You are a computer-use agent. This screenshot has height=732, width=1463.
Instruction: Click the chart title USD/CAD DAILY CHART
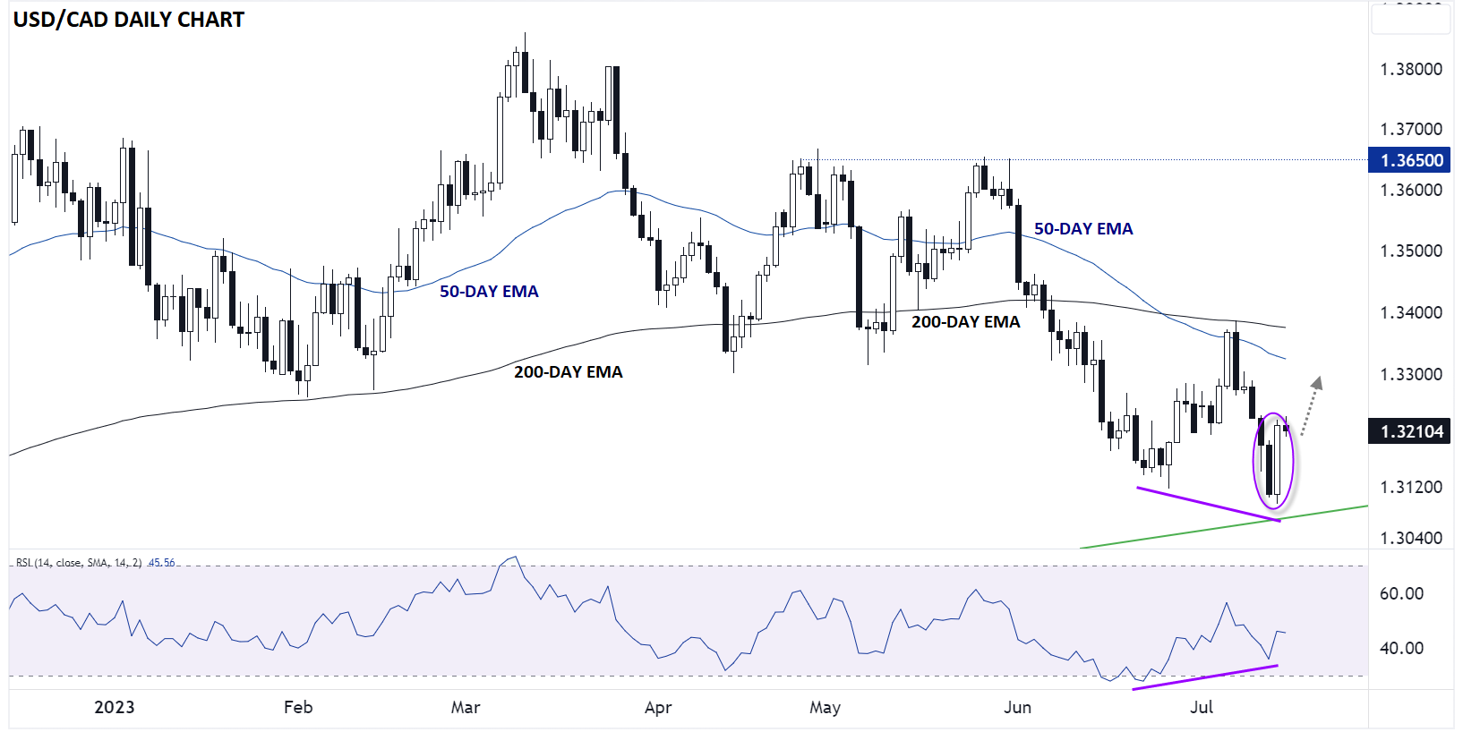[x=128, y=20]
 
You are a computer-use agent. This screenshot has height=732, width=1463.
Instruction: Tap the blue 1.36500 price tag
[x=1411, y=160]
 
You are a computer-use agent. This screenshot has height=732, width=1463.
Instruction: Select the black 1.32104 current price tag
[x=1411, y=431]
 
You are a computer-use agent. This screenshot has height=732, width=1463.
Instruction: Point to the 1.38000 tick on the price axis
[x=1411, y=69]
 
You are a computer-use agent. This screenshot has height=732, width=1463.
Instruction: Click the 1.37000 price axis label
[x=1411, y=130]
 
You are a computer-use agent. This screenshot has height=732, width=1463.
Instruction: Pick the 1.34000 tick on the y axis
[x=1411, y=312]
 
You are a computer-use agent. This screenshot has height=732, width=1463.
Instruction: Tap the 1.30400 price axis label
[x=1411, y=538]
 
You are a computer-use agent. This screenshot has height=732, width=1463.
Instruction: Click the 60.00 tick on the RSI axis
[x=1401, y=593]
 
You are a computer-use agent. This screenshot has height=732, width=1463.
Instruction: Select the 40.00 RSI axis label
[x=1401, y=648]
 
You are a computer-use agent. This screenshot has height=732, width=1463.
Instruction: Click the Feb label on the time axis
[x=298, y=707]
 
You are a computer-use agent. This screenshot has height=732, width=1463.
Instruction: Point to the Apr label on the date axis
[x=658, y=708]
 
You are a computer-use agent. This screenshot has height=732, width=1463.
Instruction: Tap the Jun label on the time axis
[x=1017, y=707]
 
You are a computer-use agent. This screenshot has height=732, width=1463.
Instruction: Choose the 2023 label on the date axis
[x=115, y=707]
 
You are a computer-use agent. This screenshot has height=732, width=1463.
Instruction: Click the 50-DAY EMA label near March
[x=489, y=292]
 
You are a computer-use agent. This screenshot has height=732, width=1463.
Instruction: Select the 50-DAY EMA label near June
[x=1083, y=229]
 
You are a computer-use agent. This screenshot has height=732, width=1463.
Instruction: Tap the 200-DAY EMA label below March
[x=568, y=372]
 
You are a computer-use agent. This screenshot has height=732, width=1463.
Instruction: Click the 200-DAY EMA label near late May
[x=965, y=322]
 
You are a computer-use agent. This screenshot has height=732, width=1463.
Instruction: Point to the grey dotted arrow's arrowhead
[x=1316, y=383]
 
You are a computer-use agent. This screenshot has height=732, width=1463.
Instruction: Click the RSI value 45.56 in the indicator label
[x=162, y=563]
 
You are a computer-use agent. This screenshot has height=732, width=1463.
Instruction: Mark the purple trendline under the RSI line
[x=1204, y=677]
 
